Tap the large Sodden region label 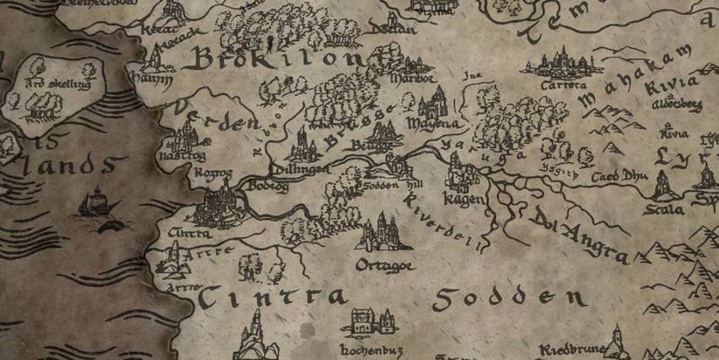point(509,299)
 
